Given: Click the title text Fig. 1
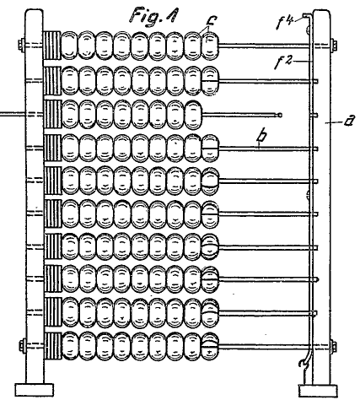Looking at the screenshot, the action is coord(153,15).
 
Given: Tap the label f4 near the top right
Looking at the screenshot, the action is coord(285,23).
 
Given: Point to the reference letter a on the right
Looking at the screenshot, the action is coord(349,122).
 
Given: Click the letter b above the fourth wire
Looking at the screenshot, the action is coord(261,137).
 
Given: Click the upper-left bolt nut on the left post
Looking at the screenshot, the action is coord(21,45).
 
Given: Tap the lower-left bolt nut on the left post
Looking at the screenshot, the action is coord(22,345).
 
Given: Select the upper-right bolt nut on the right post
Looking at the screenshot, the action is coord(334,45).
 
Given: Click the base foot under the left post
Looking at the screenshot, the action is coord(35,390).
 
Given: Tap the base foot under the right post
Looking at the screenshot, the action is coord(319,391).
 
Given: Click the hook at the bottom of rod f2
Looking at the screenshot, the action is coord(304,362).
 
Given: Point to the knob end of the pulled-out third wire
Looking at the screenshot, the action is coord(279,115).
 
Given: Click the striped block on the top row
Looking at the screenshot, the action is coord(52,45).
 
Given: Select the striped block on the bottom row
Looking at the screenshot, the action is coord(53,346).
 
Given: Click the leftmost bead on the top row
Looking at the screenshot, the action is coord(69,46).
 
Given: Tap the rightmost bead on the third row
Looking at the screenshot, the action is coord(194,115).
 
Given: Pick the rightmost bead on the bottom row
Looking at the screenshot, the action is coord(210,346).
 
